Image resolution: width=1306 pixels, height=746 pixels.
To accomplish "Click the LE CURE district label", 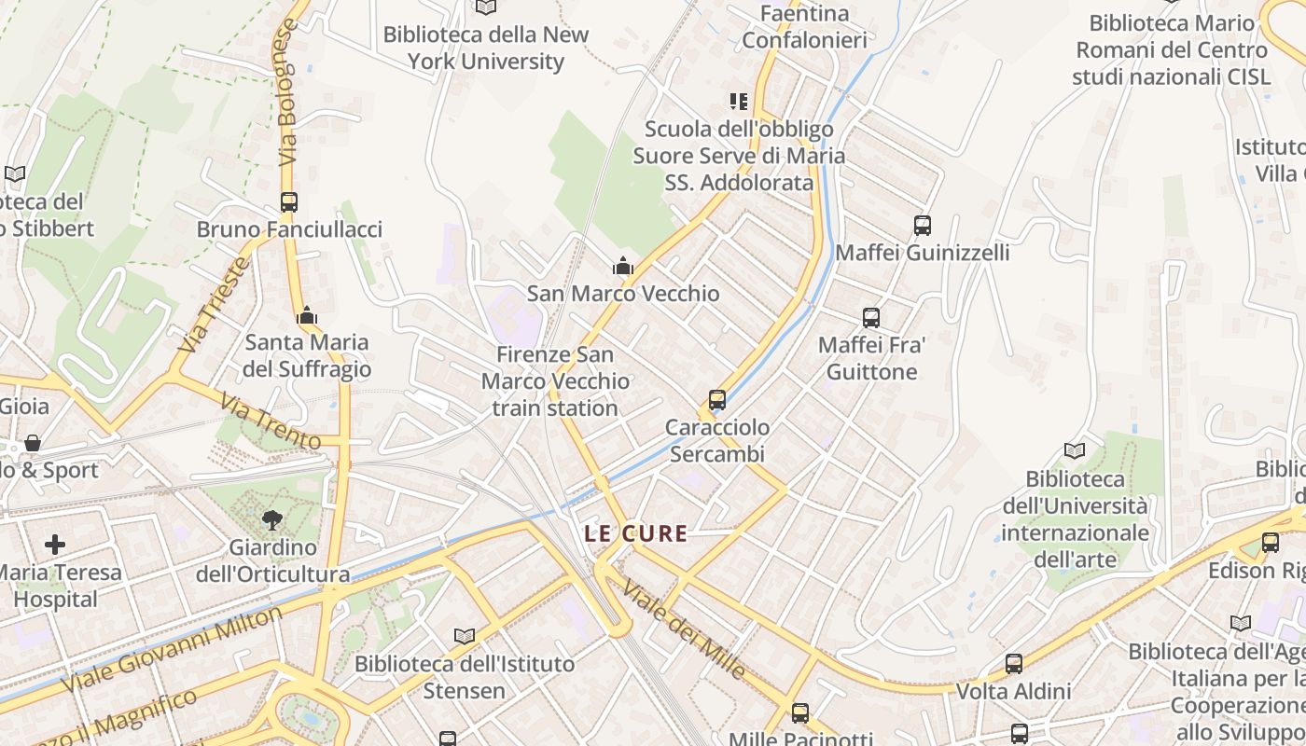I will (635, 534).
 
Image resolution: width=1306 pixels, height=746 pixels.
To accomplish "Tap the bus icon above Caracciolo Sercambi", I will (717, 399).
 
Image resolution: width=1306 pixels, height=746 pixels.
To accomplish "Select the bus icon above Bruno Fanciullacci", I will (289, 201).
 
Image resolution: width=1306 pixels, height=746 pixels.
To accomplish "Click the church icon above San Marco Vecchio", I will (623, 267).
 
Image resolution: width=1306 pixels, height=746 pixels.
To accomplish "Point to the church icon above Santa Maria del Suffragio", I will (307, 316).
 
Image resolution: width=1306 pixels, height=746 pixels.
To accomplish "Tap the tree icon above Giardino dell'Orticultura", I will (272, 519).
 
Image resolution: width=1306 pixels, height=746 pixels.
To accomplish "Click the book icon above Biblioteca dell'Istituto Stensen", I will (464, 636).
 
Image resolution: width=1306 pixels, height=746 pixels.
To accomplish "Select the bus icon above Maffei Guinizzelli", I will (923, 225).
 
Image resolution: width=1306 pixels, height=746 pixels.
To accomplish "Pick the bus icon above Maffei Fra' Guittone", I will (871, 318).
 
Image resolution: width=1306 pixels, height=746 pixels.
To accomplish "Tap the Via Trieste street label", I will (215, 304).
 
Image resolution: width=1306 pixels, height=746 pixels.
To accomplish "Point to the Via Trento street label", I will (270, 421).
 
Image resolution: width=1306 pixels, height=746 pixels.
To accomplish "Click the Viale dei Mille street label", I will (684, 629).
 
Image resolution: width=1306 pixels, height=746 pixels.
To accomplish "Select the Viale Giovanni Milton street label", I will (172, 649).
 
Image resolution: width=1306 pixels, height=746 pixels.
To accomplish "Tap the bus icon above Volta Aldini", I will (1014, 664).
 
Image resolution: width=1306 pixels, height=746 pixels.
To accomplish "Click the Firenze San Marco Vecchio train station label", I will (555, 381).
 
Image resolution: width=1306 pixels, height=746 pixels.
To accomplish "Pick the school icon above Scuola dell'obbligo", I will (739, 101).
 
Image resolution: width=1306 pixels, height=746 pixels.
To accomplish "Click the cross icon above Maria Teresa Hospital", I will (55, 544).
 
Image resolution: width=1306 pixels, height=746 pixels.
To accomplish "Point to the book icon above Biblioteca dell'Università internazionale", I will (1075, 450).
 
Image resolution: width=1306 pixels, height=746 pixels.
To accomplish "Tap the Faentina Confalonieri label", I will (804, 26).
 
